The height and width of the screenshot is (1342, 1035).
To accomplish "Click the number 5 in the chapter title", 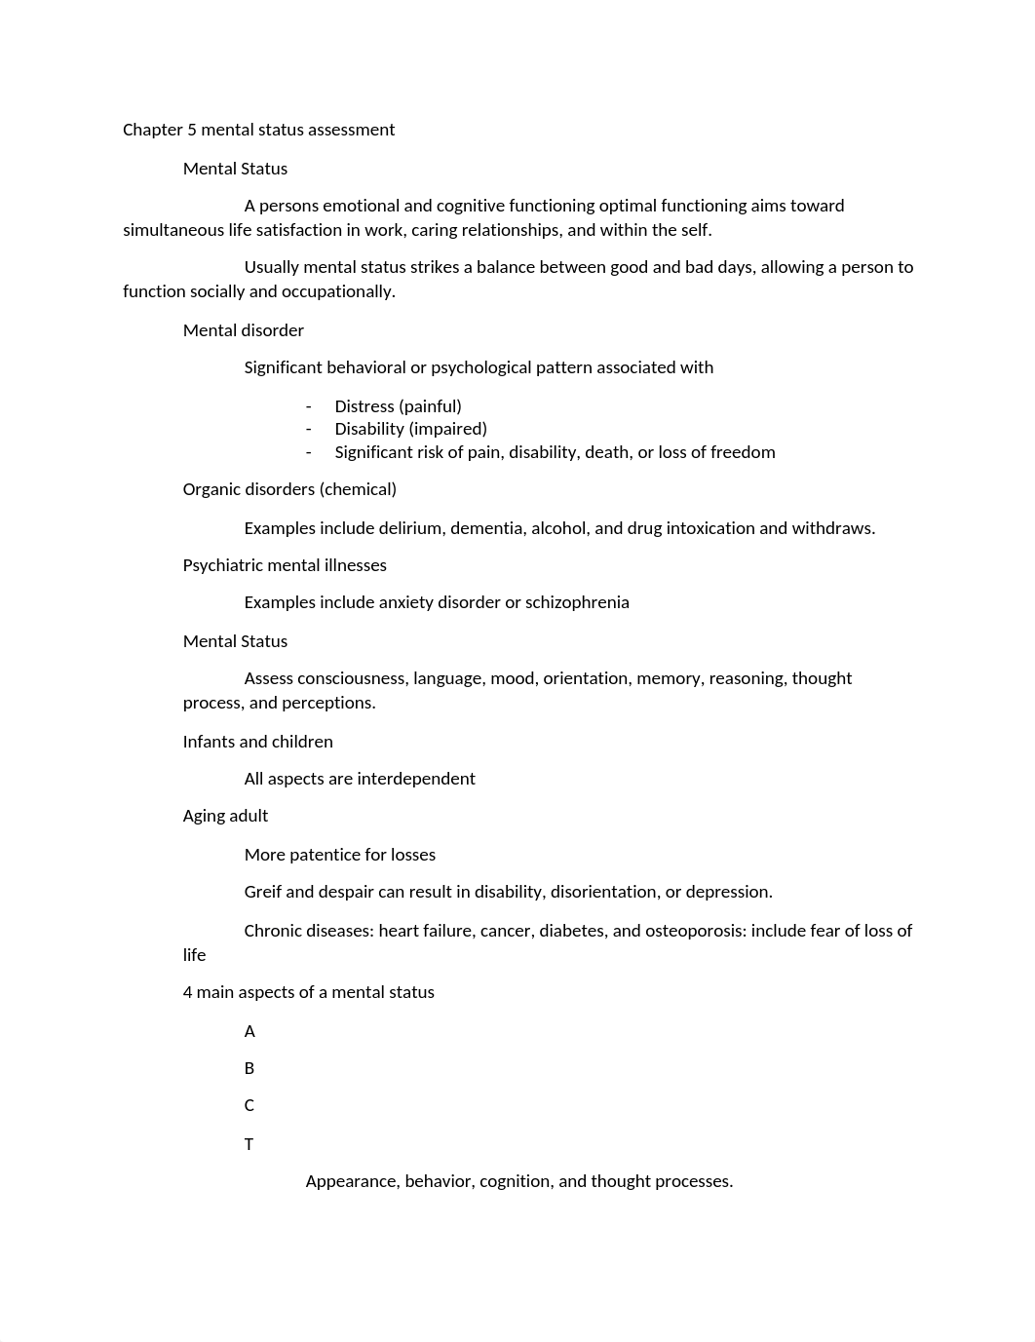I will click(192, 130).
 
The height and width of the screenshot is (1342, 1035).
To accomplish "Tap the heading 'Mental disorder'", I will click(244, 330).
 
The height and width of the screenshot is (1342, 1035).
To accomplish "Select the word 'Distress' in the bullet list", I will click(364, 406).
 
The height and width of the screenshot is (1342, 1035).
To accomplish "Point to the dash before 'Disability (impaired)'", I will click(309, 429).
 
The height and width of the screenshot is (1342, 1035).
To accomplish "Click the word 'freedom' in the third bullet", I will click(746, 452).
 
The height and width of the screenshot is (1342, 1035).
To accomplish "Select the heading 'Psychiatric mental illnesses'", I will click(285, 565).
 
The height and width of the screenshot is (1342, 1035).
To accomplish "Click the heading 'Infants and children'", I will click(258, 742).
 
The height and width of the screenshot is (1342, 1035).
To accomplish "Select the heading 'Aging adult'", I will click(225, 816).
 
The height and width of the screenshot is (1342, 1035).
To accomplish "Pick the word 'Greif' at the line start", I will click(263, 892).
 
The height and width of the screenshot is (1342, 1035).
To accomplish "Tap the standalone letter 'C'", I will click(249, 1105).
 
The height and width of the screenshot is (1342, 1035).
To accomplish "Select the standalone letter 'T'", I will click(249, 1144).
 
